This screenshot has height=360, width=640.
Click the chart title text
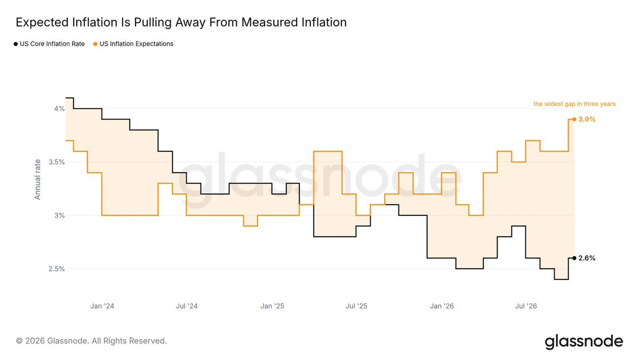coord(181,22)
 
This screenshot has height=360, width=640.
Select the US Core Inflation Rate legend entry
coord(49,44)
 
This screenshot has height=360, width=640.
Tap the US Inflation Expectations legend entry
coord(133,44)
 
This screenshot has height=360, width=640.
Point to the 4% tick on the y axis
coord(60,109)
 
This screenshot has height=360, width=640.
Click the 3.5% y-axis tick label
coord(57,162)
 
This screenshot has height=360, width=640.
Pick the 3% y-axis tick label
coord(60,215)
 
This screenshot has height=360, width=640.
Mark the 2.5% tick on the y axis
coord(57,269)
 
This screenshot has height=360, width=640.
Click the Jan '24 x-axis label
coord(102,306)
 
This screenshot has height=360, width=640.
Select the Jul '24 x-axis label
coord(187,306)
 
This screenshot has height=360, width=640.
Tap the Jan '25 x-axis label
coord(273,306)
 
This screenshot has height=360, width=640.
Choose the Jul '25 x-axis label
coord(356,306)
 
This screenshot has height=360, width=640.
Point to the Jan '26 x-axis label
coord(442,306)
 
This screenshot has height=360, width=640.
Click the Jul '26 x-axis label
coord(526,306)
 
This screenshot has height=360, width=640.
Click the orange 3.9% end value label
coord(587,119)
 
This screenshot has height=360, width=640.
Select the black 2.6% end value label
coord(587,258)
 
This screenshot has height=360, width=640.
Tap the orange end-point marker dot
coord(574,119)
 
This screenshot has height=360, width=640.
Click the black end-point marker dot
coord(574,258)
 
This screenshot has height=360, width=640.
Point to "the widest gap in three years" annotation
coord(574,104)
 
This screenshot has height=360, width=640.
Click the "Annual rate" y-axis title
coord(37,179)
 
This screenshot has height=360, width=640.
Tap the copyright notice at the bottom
coord(91,341)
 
